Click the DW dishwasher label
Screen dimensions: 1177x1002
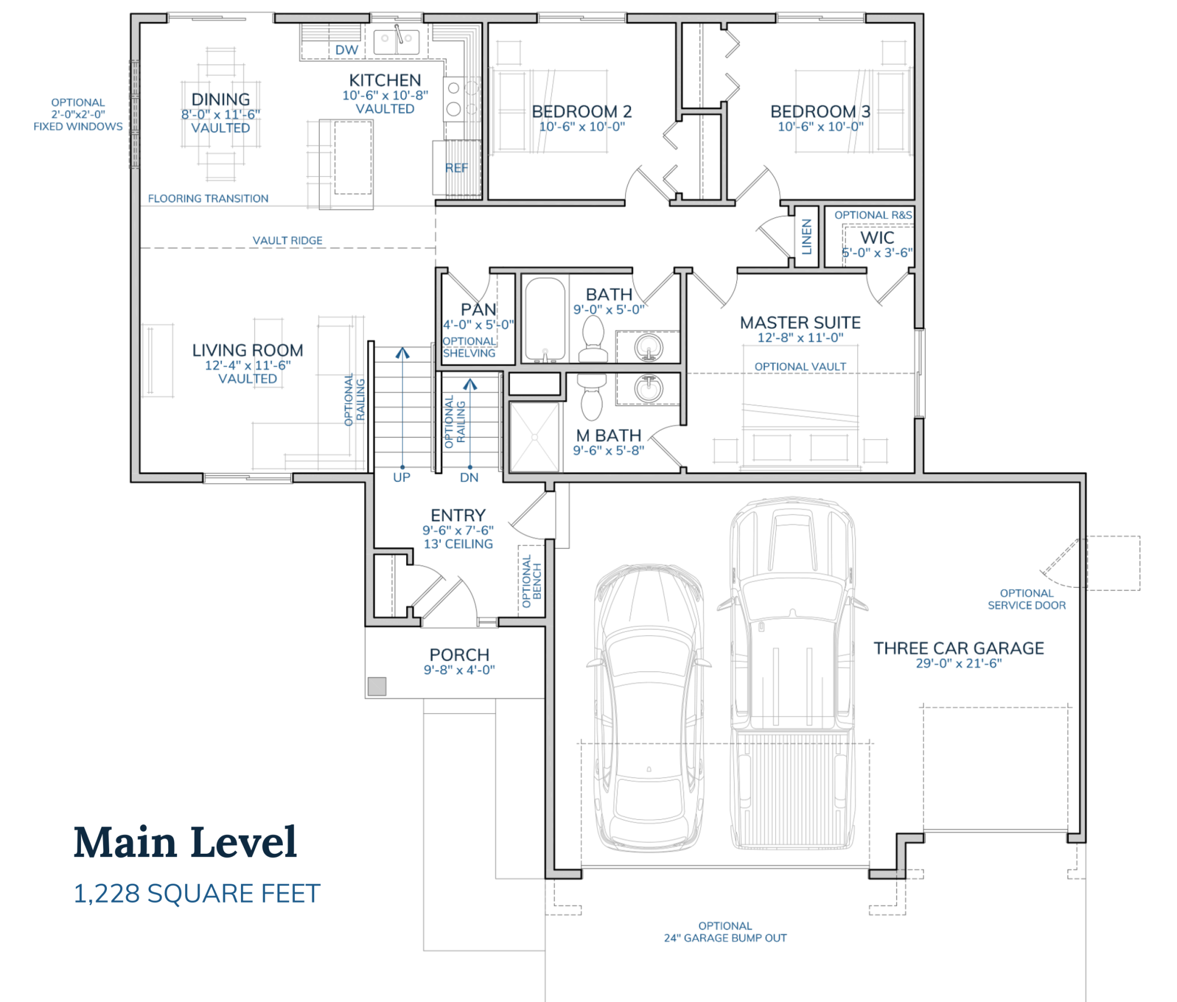[346, 50]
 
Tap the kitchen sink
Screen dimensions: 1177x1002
[396, 40]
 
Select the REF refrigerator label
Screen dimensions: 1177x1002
[457, 168]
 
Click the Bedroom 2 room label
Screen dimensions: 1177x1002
[581, 112]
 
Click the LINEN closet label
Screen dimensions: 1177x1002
[806, 236]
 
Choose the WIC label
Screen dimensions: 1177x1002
[877, 237]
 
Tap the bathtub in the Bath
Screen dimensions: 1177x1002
[544, 319]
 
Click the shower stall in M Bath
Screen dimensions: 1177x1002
[534, 437]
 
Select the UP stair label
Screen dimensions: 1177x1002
[401, 477]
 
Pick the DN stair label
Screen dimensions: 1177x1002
[469, 478]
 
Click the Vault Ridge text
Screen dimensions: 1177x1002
[287, 240]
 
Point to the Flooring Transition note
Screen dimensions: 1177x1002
[208, 198]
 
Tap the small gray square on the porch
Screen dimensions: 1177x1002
[376, 686]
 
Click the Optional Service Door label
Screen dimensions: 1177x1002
[1026, 600]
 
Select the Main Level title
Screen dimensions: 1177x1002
[185, 842]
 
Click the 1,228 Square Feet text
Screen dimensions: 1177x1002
[197, 893]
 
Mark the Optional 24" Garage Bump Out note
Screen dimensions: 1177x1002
[725, 932]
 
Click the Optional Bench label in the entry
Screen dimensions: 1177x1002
[531, 581]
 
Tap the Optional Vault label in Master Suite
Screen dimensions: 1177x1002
[800, 367]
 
